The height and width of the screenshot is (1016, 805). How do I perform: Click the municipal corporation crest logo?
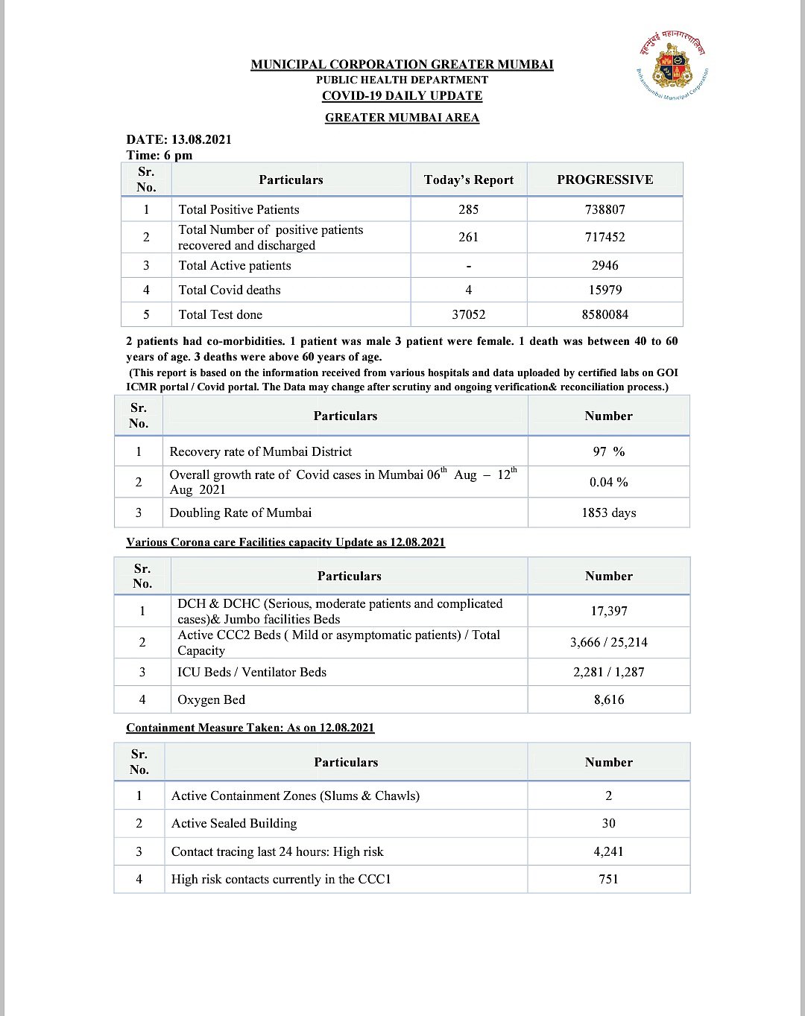click(672, 66)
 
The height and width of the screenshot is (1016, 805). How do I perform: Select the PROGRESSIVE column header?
click(604, 180)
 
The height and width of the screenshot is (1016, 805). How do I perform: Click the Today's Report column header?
click(468, 180)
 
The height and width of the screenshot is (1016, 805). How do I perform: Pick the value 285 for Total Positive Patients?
click(468, 209)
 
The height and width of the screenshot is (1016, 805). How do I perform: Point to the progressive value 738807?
click(604, 209)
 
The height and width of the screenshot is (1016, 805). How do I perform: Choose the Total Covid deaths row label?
click(230, 290)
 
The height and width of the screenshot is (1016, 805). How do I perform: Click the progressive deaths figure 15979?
click(604, 290)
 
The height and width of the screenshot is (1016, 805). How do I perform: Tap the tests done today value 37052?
click(468, 314)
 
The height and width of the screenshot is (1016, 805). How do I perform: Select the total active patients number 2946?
click(604, 265)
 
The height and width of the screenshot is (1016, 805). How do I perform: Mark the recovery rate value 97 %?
click(608, 451)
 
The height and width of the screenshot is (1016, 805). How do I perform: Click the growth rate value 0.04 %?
click(608, 482)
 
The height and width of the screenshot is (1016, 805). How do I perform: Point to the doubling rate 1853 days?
click(608, 512)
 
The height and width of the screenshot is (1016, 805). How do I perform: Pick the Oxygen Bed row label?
click(211, 699)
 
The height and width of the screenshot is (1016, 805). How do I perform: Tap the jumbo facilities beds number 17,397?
click(608, 611)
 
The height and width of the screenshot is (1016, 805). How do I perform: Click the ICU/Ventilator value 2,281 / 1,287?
click(608, 672)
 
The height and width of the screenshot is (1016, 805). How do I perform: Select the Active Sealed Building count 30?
click(608, 823)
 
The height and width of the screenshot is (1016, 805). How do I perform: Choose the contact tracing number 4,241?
click(608, 851)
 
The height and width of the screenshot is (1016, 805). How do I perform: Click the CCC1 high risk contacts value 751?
click(608, 879)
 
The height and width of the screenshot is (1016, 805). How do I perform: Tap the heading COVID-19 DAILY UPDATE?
click(402, 95)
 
